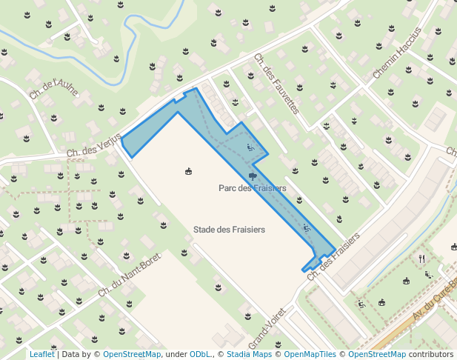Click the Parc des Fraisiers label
coord(252,188)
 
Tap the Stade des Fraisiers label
coord(229,230)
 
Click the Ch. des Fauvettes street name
coord(276,83)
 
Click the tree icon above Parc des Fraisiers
coord(253,176)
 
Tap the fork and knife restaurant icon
coord(421,258)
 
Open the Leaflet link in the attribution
coord(41,354)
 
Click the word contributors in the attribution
coord(431,354)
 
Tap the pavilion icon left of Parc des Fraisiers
coord(188,172)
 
